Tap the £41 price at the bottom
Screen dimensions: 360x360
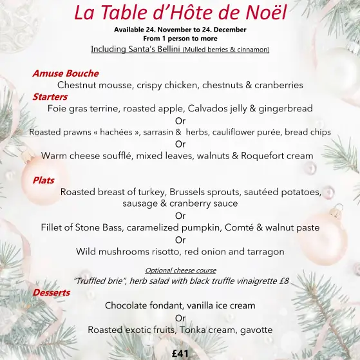[180, 353]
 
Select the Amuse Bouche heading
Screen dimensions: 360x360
[65, 73]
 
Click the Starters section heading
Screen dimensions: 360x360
[50, 97]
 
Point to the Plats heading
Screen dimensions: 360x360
[43, 180]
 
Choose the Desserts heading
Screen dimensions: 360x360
[51, 292]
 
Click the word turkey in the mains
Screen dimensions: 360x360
[162, 192]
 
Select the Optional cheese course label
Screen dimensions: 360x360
[180, 270]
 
